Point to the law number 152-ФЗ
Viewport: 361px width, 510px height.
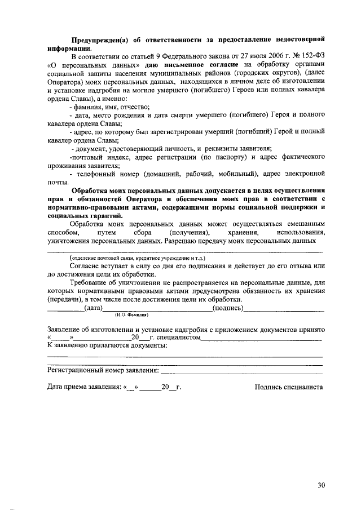point(312,57)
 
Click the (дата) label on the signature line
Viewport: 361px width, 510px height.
point(93,308)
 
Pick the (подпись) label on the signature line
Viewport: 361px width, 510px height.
point(227,308)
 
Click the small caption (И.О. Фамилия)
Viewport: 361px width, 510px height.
point(131,315)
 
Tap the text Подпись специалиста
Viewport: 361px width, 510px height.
point(288,387)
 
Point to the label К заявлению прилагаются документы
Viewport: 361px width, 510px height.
point(107,345)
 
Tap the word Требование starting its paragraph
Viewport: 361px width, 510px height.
point(91,282)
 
